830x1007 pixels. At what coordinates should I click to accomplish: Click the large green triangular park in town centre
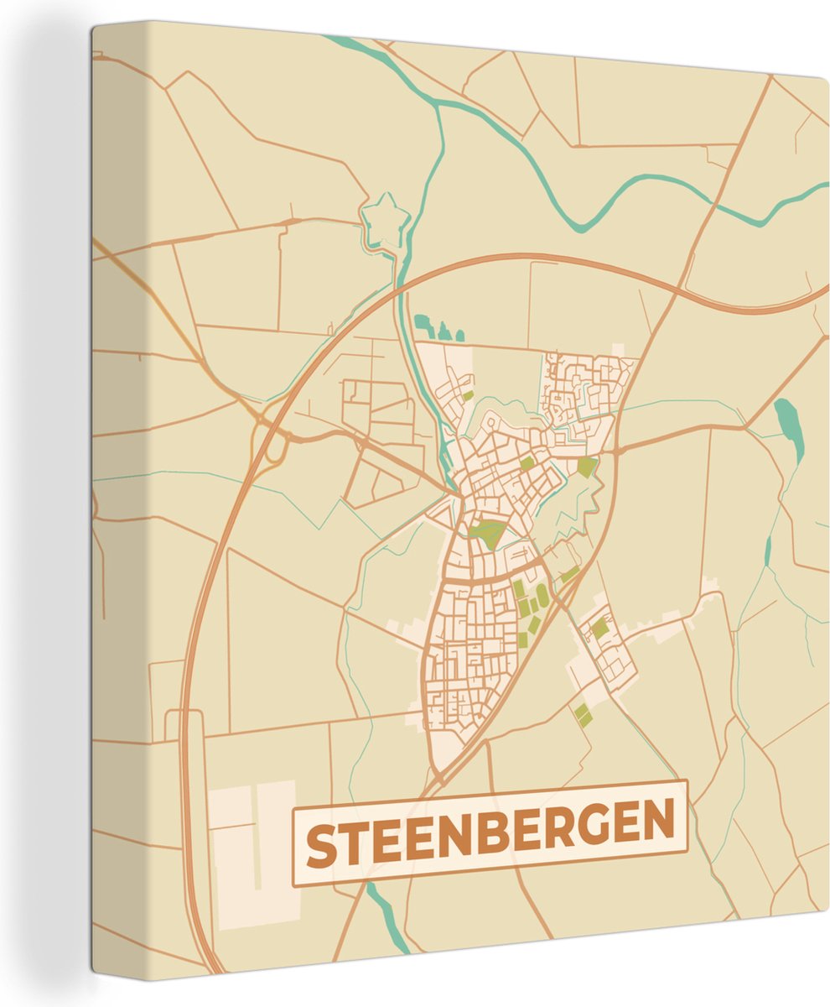click(488, 532)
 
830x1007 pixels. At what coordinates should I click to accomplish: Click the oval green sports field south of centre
click(542, 596)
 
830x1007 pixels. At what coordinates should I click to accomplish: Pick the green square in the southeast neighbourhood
click(599, 627)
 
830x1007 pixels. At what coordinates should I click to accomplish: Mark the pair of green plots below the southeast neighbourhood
click(582, 715)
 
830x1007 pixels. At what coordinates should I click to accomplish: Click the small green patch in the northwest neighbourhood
click(468, 394)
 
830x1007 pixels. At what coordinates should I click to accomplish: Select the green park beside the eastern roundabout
click(587, 467)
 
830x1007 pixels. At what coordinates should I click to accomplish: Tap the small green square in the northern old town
click(527, 463)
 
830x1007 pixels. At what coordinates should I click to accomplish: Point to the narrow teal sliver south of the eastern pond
click(767, 550)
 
